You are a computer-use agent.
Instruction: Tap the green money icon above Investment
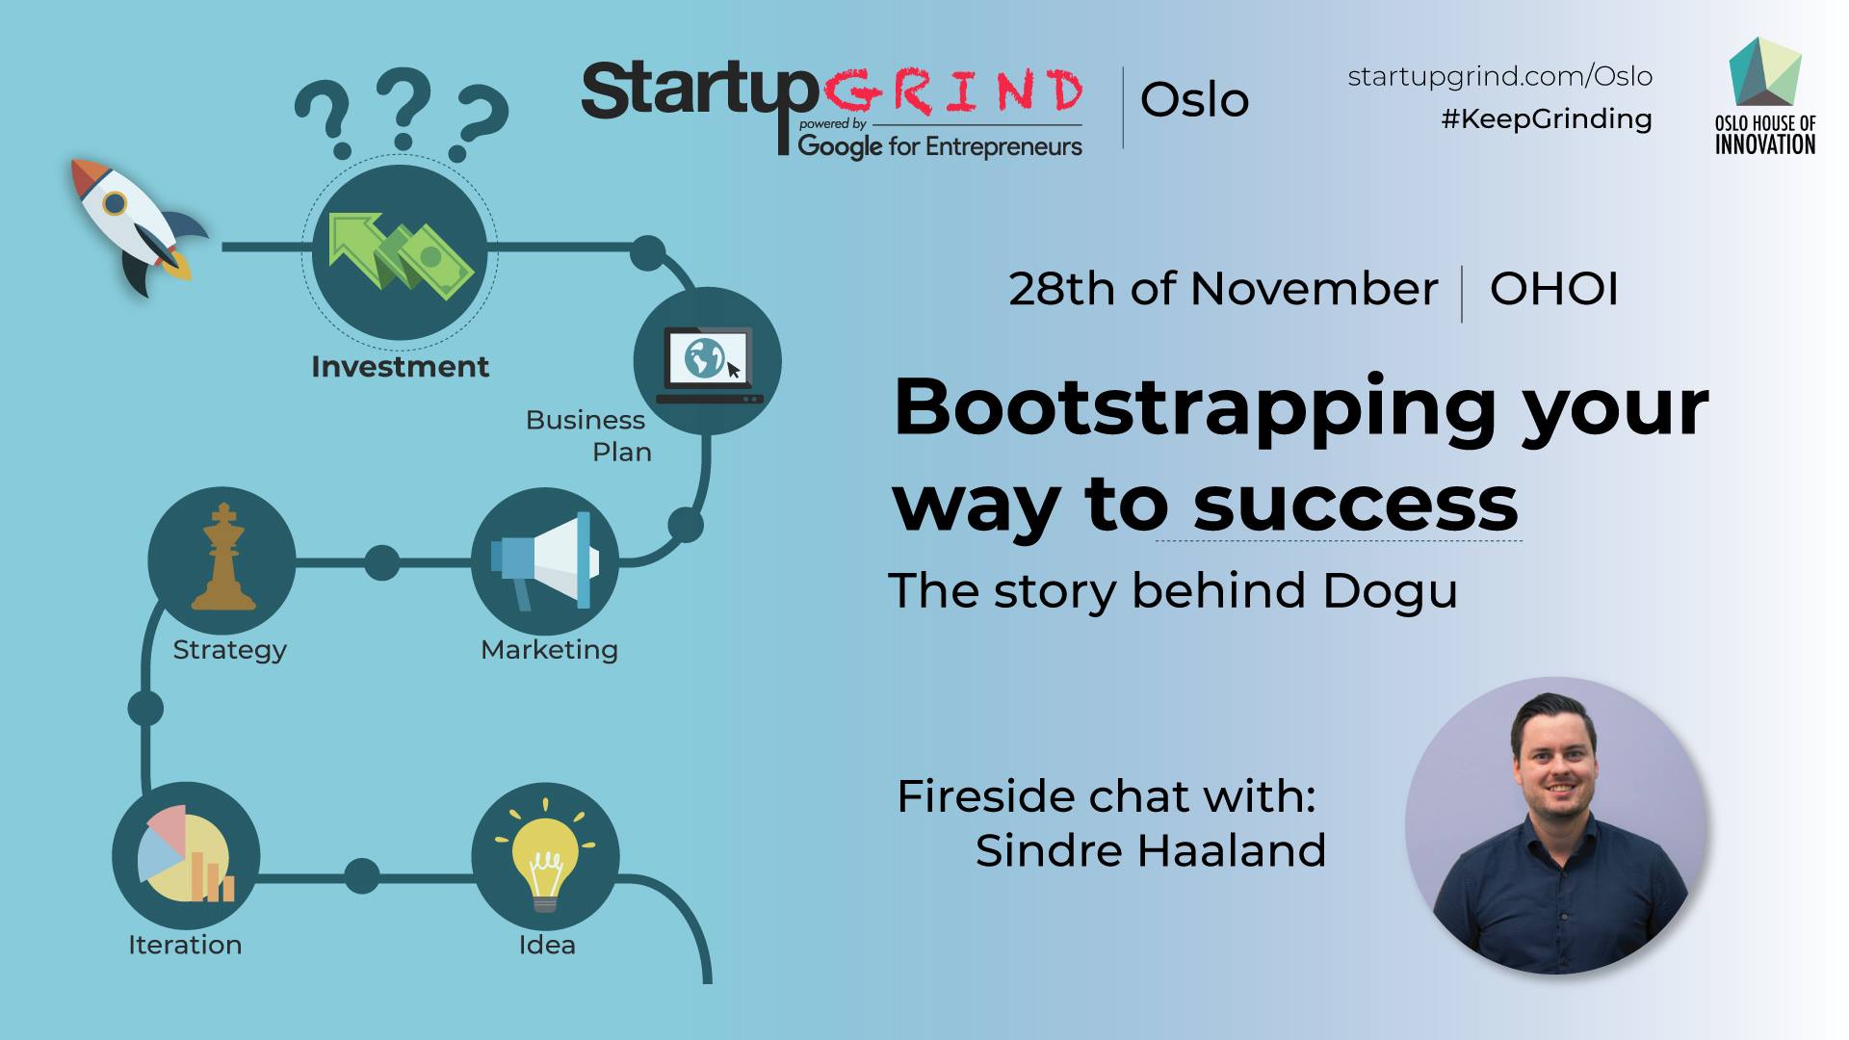click(400, 251)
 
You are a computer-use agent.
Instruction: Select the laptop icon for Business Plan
click(709, 364)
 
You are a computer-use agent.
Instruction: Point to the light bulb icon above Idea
click(545, 856)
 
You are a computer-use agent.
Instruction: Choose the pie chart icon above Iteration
click(186, 854)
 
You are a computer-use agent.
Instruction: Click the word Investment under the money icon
click(400, 366)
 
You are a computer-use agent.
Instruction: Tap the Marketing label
click(549, 650)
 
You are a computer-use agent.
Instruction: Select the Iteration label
click(185, 945)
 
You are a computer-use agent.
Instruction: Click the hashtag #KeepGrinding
click(1547, 118)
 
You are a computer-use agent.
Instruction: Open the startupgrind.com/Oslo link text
click(1500, 76)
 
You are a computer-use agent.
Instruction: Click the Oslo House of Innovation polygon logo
click(1765, 72)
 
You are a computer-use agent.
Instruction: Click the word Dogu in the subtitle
click(1390, 591)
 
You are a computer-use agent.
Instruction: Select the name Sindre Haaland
click(1151, 850)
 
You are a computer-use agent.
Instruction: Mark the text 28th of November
click(1223, 289)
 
